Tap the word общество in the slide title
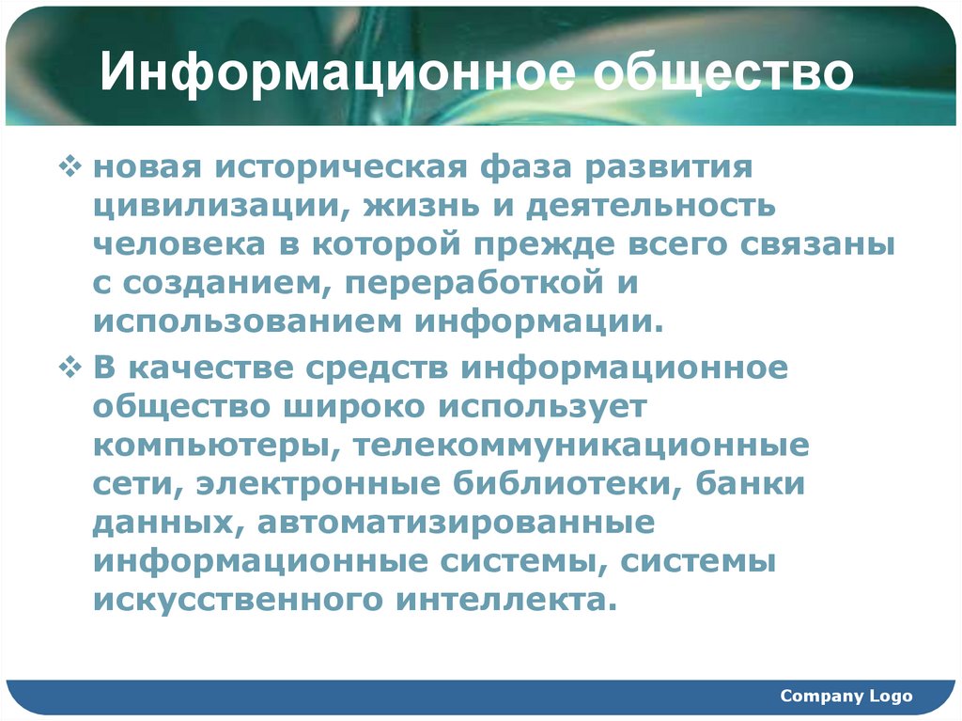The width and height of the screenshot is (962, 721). tap(723, 75)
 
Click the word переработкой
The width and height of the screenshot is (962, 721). tap(465, 281)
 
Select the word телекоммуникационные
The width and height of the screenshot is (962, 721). tap(582, 445)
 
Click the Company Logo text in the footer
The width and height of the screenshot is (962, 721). tap(846, 697)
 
